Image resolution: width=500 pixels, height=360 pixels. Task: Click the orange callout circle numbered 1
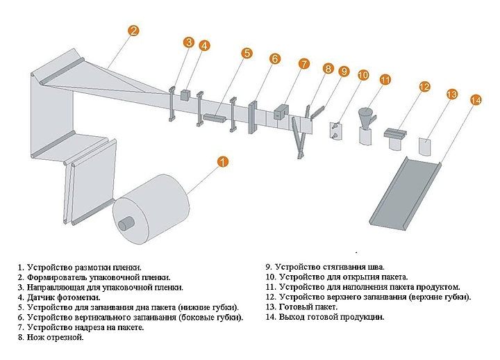click(222, 163)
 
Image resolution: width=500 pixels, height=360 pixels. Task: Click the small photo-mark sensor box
click(185, 94)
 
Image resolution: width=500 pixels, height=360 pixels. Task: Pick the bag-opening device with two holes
click(335, 129)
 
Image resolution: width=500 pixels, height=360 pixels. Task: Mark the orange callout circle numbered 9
click(343, 71)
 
